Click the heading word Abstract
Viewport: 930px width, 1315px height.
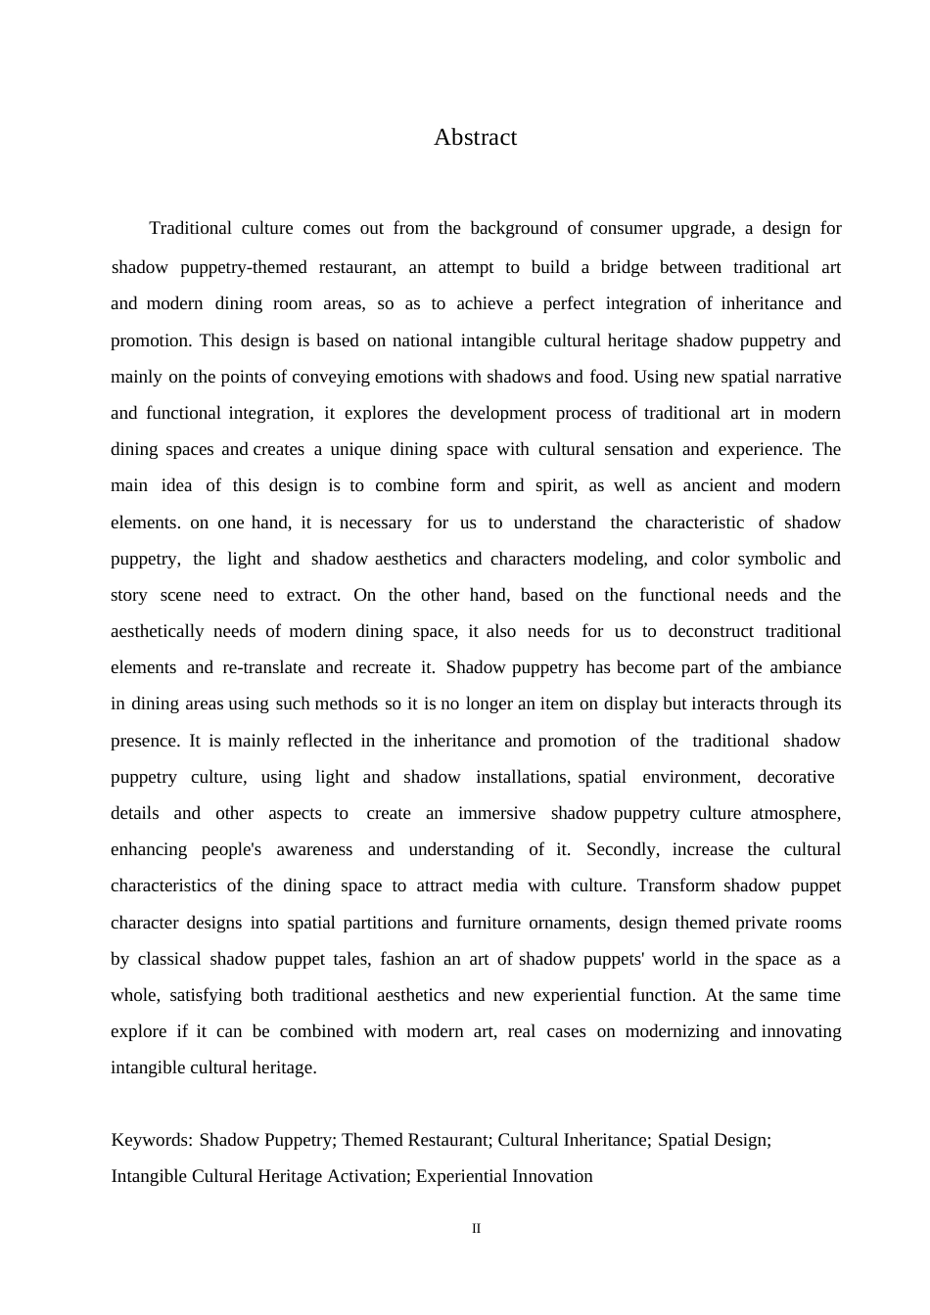pyautogui.click(x=475, y=138)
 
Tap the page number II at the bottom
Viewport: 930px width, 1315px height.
pyautogui.click(x=477, y=1229)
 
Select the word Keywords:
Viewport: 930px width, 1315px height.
pyautogui.click(x=152, y=1140)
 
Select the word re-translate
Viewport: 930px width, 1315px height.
pyautogui.click(x=264, y=667)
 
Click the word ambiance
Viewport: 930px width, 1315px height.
pyautogui.click(x=805, y=667)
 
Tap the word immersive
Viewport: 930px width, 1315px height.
pyautogui.click(x=496, y=813)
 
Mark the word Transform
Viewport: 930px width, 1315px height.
pyautogui.click(x=675, y=885)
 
